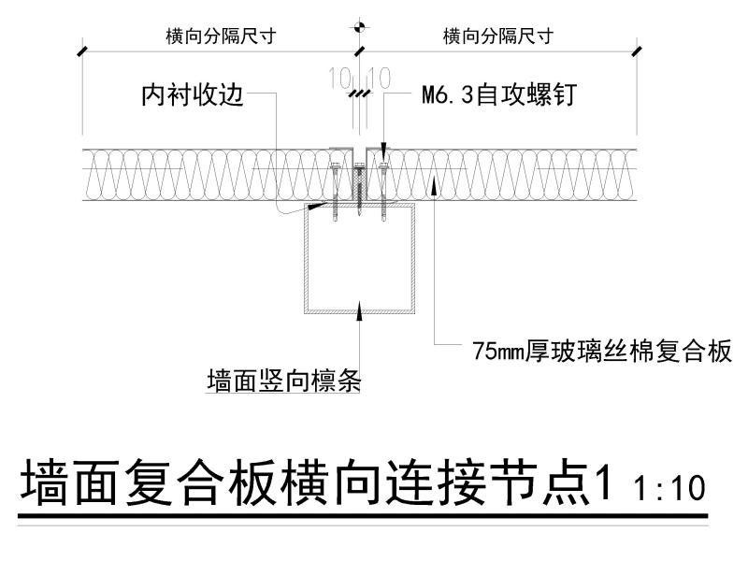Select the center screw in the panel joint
(359, 182)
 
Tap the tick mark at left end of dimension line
(83, 48)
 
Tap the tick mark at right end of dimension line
(637, 48)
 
